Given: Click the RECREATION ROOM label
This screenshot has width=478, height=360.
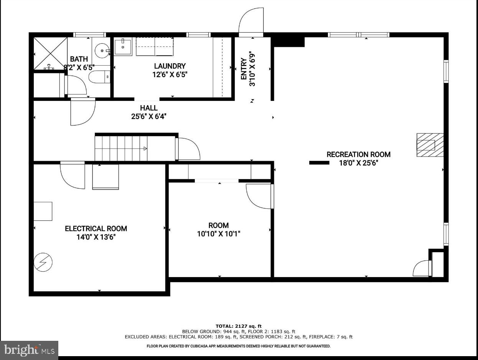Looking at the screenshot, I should pos(358,154).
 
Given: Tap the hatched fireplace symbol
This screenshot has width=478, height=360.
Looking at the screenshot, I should pos(430,145).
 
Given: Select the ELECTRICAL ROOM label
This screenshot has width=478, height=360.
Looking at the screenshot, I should pos(96,228).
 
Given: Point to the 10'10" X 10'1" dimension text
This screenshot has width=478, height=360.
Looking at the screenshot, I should pos(219,234).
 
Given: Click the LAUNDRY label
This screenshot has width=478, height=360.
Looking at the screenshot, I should pos(170,66).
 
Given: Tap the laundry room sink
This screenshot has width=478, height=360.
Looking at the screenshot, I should pos(123,46).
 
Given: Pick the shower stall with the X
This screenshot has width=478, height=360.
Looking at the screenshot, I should pos(51,53).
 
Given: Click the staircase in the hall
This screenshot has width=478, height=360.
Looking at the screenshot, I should pos(121,148).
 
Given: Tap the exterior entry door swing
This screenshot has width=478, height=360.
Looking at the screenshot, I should pos(251,21).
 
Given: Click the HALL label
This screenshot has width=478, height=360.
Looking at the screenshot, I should pos(148,108).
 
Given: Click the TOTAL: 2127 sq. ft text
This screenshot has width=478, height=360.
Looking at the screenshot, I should pos(239,326).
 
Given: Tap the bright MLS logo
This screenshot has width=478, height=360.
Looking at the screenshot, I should pos(29,350).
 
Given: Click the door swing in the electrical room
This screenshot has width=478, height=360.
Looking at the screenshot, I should pos(73,175).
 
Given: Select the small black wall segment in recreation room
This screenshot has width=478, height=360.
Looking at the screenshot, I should pos(319,163).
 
